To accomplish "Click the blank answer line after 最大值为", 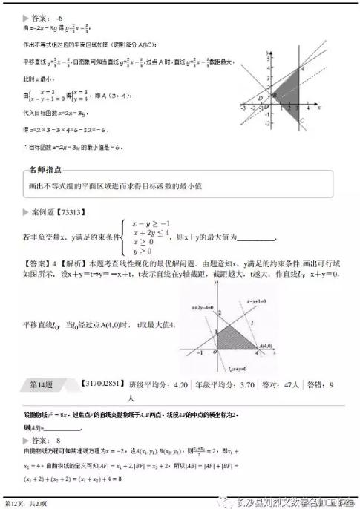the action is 255,238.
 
